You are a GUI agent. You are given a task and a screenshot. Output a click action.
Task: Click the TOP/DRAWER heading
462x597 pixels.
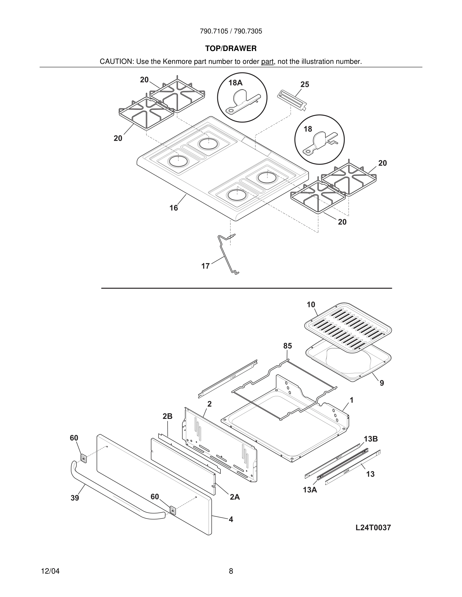(231, 49)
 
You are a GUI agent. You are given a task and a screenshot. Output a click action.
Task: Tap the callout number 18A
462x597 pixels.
(235, 83)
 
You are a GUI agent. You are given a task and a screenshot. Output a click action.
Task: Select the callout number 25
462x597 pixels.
(305, 85)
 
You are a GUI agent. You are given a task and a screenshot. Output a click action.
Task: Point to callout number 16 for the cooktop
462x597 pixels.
(174, 208)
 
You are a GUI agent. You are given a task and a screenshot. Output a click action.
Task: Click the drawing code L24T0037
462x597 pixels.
(373, 528)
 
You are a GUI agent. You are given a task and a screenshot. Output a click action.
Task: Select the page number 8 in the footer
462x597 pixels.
(231, 571)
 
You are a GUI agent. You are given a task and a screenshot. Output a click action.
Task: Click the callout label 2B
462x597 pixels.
(167, 416)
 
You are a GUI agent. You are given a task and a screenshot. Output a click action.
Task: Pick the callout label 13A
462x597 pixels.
(310, 490)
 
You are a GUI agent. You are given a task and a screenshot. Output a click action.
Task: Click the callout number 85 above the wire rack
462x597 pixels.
(287, 346)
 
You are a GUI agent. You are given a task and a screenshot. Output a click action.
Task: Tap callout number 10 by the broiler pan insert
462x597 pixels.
(311, 305)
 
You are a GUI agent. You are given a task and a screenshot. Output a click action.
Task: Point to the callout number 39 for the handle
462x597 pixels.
(75, 498)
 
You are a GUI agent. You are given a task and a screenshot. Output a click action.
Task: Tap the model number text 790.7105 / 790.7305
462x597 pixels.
(231, 31)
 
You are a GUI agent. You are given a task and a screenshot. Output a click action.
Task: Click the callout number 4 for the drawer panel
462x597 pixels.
(231, 519)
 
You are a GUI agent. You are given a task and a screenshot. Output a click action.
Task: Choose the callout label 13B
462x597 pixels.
(371, 439)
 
